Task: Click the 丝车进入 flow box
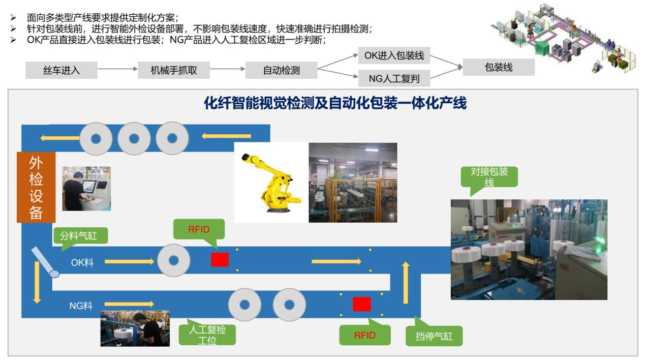pos(62,70)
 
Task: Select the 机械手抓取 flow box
pos(174,70)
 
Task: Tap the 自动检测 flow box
pos(281,70)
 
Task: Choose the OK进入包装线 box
pos(394,55)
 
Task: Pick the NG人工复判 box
pos(394,78)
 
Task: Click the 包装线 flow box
pos(499,67)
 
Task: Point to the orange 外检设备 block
pos(36,187)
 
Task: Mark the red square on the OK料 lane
pos(220,260)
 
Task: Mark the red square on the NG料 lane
pos(362,305)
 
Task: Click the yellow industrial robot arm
pos(271,183)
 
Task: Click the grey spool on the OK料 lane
pos(174,260)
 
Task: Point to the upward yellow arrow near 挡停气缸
pos(406,283)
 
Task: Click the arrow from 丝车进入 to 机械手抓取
pos(117,69)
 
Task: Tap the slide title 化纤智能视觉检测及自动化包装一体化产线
pos(335,103)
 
